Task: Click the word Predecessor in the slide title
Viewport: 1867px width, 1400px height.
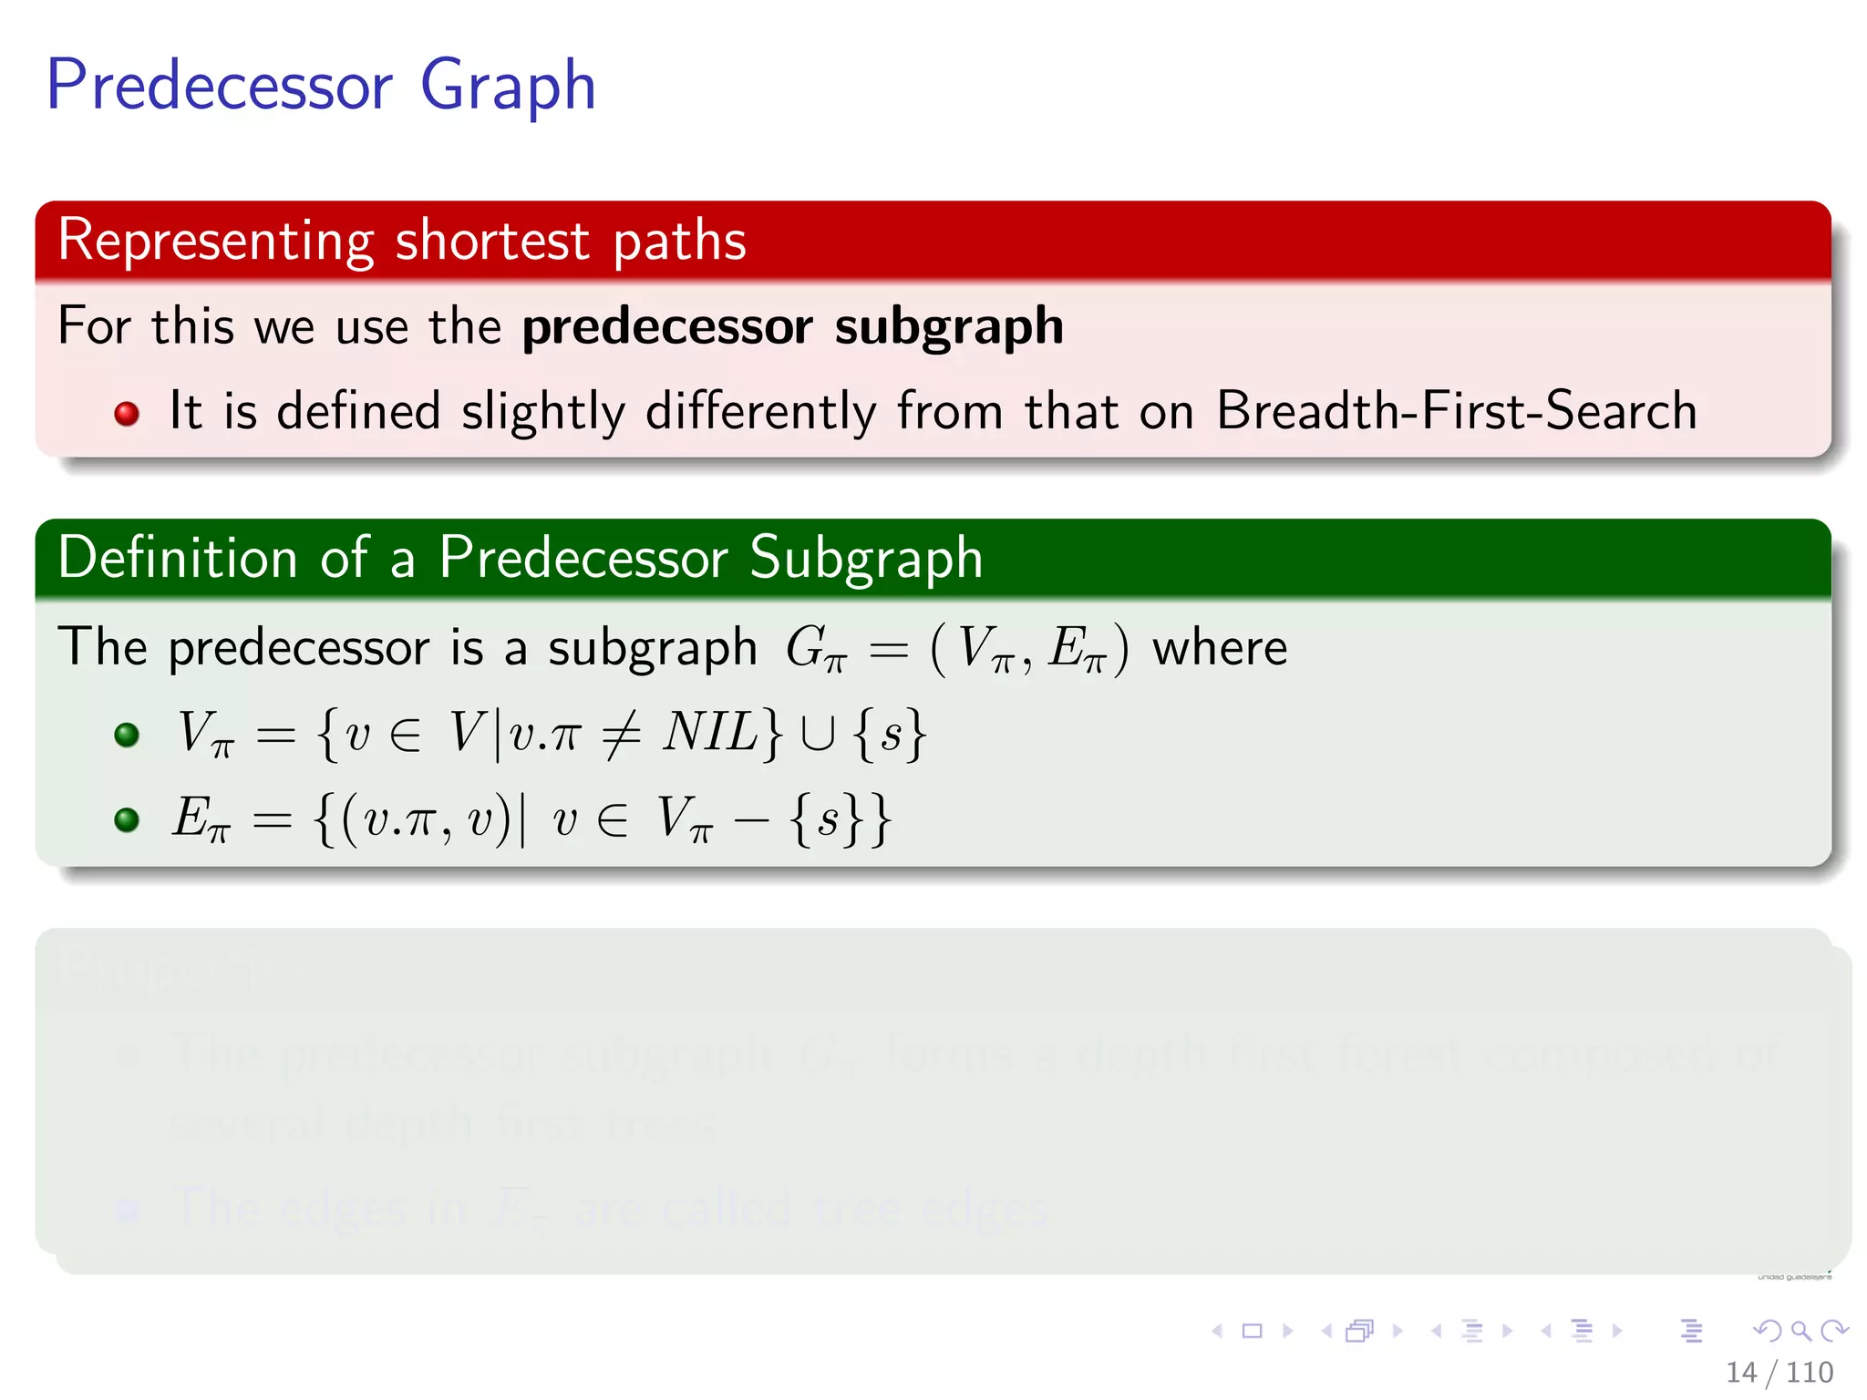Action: click(219, 85)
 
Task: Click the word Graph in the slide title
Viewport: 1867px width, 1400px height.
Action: click(507, 87)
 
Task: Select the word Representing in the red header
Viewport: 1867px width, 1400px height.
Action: click(216, 241)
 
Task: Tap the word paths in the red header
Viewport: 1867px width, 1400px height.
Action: click(679, 241)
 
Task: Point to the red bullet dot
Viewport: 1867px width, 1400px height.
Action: click(127, 414)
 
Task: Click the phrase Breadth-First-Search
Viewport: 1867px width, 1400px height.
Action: click(1456, 410)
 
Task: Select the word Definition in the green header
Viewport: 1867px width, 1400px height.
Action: click(177, 557)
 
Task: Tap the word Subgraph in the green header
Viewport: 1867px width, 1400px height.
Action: click(865, 557)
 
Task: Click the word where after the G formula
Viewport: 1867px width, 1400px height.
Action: click(1220, 648)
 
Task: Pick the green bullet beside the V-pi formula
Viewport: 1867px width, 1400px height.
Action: click(127, 735)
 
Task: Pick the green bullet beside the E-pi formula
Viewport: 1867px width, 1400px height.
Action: click(127, 819)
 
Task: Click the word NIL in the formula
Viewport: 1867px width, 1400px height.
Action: click(710, 731)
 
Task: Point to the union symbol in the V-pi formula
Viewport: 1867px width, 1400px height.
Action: click(817, 735)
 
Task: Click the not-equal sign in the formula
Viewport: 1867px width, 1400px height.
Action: click(621, 734)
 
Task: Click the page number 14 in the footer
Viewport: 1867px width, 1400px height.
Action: click(1740, 1372)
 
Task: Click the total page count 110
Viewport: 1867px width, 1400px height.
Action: click(1810, 1372)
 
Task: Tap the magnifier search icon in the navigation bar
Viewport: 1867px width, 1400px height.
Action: click(1800, 1331)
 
